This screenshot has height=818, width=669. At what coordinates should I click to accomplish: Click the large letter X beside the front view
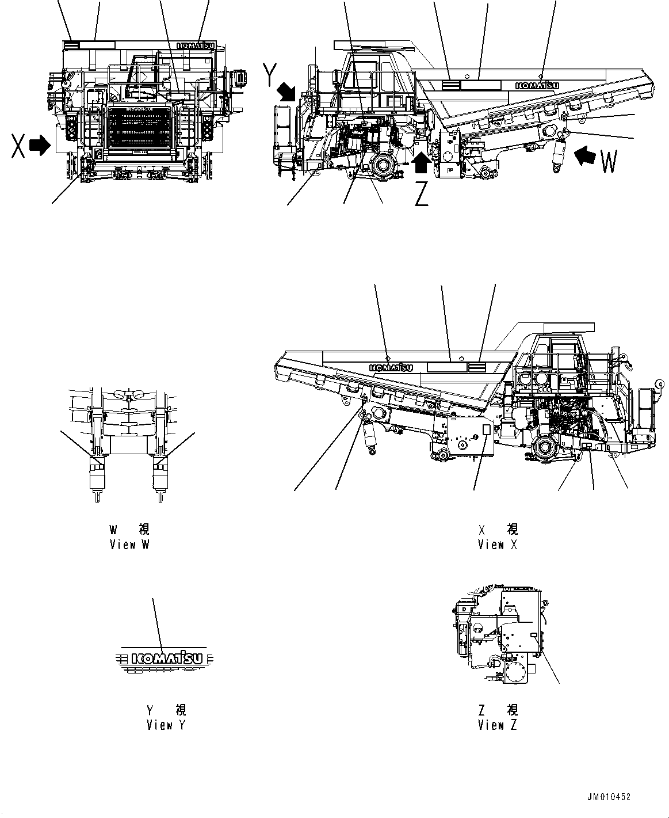[x=18, y=146]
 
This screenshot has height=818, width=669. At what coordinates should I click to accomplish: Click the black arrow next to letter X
[x=40, y=146]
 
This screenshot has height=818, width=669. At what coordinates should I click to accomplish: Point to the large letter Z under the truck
[x=422, y=196]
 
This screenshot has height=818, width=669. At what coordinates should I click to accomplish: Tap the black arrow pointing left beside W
[x=586, y=154]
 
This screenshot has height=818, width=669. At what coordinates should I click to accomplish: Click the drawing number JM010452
[x=609, y=797]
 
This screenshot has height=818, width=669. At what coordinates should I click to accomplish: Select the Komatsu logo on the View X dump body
[x=391, y=367]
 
